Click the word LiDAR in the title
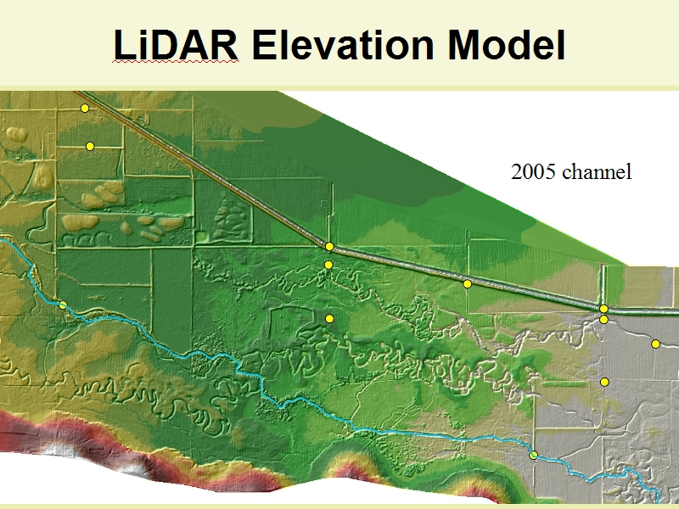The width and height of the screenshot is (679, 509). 176,45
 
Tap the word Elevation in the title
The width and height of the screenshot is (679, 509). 343,45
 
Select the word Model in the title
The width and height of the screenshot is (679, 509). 507,45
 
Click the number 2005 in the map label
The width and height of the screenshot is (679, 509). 533,172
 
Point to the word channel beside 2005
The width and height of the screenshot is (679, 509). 597,172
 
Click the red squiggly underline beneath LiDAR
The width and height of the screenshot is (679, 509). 176,62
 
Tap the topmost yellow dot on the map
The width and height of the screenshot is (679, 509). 85,109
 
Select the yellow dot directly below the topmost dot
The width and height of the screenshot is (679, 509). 90,146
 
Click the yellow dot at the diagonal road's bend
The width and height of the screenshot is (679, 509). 329,246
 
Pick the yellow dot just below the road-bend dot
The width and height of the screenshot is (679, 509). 328,265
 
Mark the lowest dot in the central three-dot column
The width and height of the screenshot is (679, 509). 329,319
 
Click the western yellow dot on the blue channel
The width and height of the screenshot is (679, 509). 63,305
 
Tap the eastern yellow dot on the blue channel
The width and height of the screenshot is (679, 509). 534,455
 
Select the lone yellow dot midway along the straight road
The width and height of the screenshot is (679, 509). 467,284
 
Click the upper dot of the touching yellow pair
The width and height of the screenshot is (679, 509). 603,309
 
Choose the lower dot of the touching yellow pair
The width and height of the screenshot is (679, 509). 603,320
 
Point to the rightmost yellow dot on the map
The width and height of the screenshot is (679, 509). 655,344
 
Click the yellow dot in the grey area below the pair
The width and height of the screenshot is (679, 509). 604,382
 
